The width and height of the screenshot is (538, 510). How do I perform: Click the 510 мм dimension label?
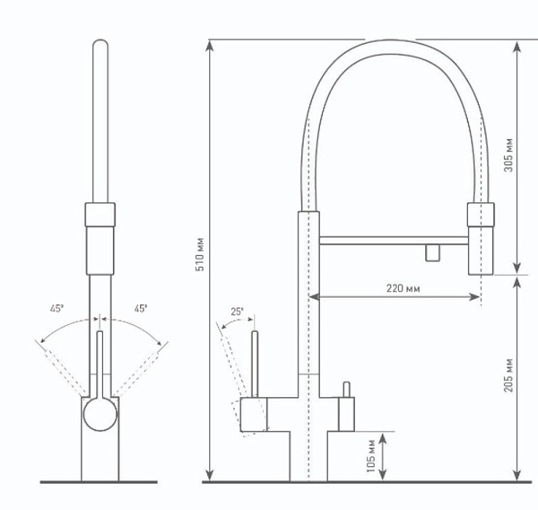(x=200, y=254)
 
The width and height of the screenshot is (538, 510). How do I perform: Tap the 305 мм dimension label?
(x=508, y=155)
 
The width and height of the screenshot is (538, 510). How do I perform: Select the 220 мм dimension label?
(x=403, y=288)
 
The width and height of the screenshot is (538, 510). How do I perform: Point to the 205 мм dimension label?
(x=508, y=375)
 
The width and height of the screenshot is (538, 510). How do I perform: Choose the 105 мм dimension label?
(x=371, y=456)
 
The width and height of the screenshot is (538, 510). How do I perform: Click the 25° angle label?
(x=237, y=312)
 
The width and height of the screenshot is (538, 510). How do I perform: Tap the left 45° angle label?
(x=57, y=308)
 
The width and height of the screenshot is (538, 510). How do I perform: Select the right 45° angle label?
(x=141, y=308)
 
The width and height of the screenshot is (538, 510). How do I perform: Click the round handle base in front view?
(x=100, y=414)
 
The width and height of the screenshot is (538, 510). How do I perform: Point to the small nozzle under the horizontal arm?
(x=433, y=252)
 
